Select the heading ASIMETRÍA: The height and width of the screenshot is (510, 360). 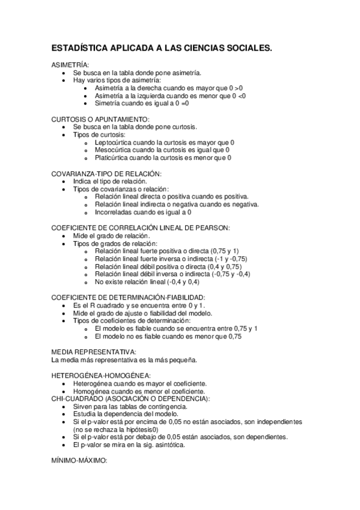pyautogui.click(x=70, y=64)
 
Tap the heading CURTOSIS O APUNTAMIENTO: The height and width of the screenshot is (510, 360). pyautogui.click(x=100, y=119)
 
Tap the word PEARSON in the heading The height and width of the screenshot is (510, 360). pyautogui.click(x=214, y=228)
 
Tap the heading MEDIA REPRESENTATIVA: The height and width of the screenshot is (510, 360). pyautogui.click(x=94, y=352)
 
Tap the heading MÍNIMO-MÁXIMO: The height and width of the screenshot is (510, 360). pyautogui.click(x=79, y=461)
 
